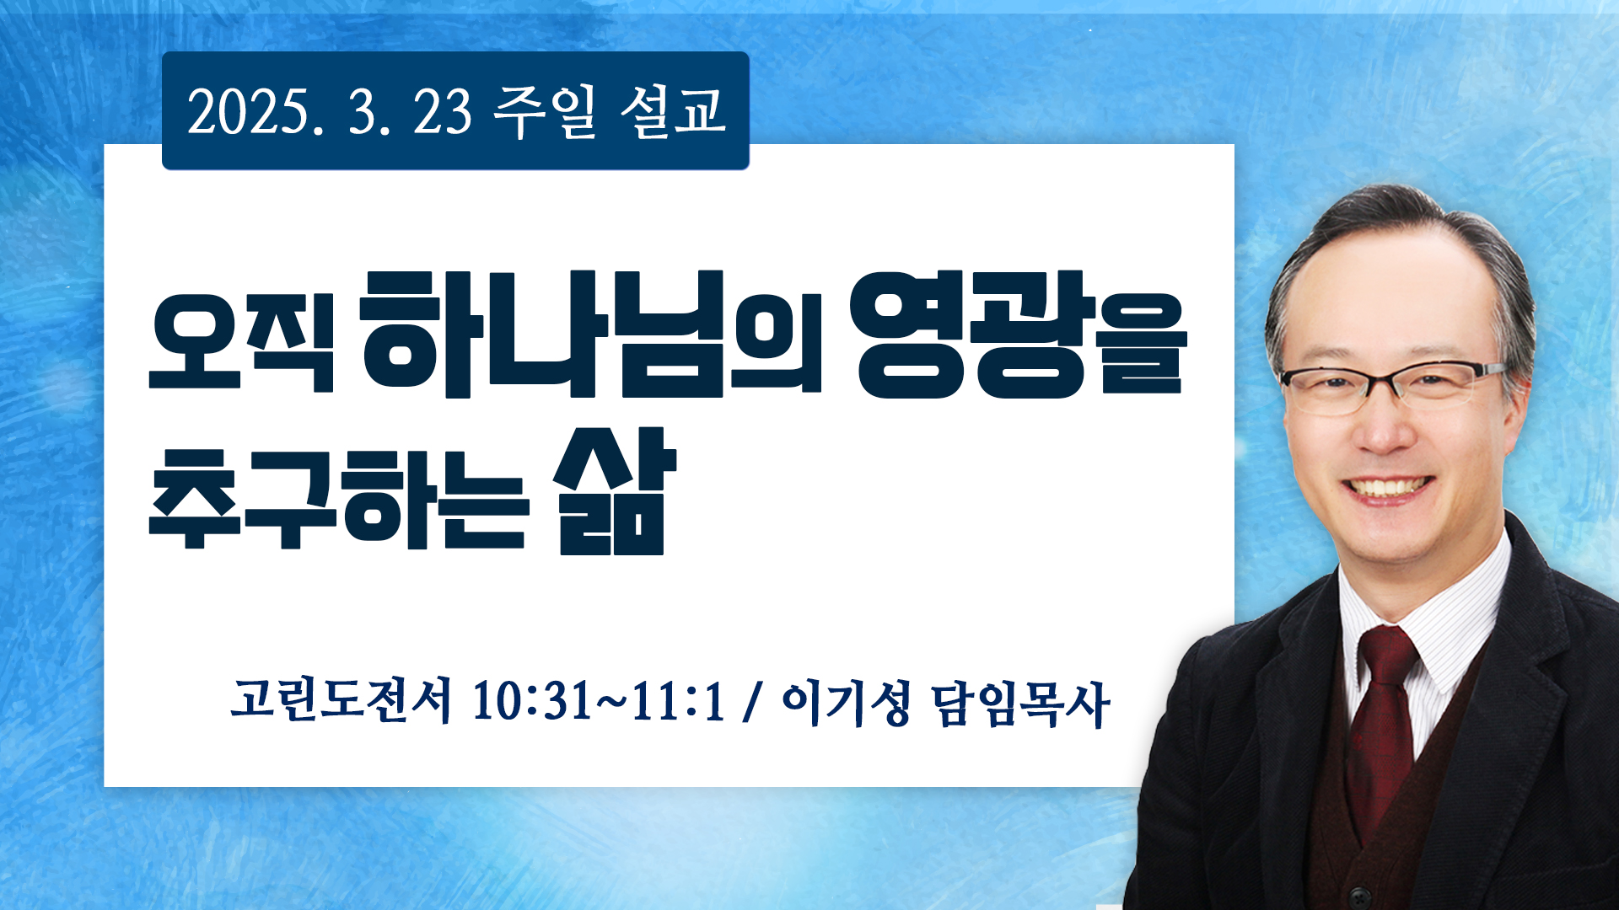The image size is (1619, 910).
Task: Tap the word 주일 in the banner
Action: point(545,111)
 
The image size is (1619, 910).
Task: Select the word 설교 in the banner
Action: point(673,111)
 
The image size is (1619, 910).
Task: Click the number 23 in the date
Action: point(442,111)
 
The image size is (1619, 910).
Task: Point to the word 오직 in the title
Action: point(242,341)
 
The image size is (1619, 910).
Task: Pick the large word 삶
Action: point(614,491)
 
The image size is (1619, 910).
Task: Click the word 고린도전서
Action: point(341,700)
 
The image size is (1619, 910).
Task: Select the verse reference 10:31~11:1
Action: point(599,701)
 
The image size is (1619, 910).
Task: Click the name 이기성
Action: point(847,702)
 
